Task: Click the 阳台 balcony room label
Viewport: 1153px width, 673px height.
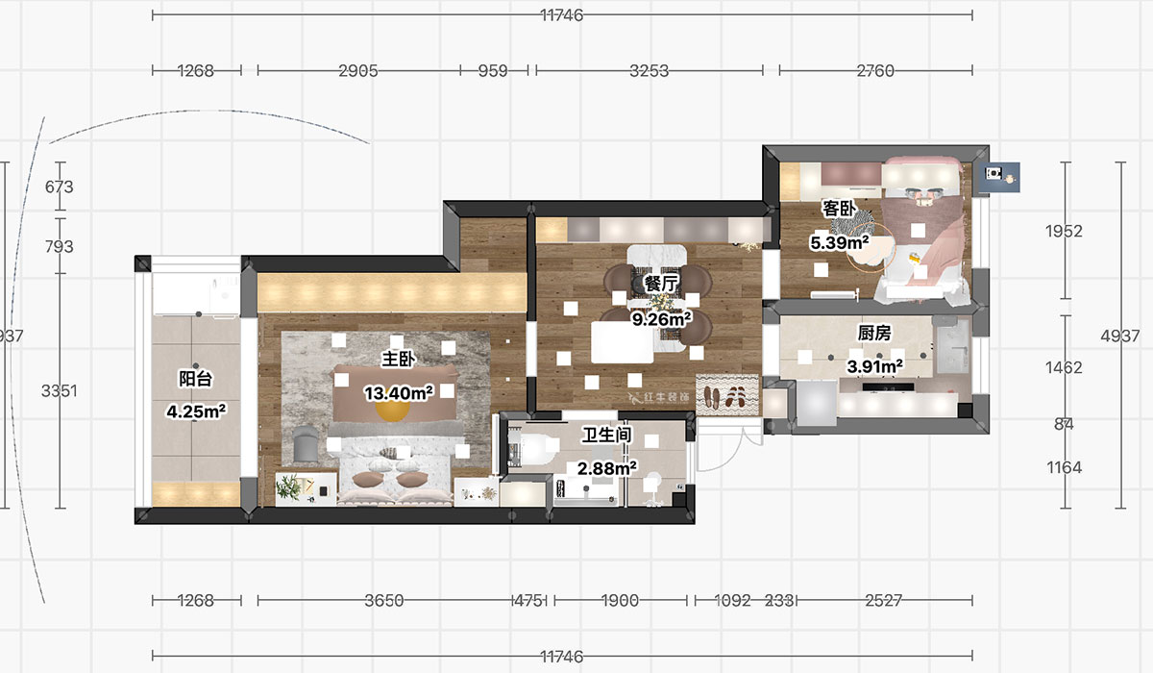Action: (x=195, y=379)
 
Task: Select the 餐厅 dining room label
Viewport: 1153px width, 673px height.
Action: (x=661, y=284)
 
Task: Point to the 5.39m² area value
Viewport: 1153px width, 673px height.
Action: (x=839, y=242)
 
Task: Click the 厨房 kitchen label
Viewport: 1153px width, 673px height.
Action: (x=873, y=334)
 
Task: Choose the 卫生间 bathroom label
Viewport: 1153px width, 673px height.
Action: (x=606, y=436)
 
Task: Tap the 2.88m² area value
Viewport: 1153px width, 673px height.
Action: (x=605, y=468)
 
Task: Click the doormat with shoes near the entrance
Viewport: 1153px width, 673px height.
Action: (x=726, y=394)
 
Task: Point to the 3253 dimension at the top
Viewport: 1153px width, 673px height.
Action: (x=649, y=70)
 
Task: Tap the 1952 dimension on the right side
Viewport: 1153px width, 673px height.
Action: (x=1064, y=231)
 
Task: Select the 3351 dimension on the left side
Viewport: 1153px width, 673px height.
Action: (x=59, y=391)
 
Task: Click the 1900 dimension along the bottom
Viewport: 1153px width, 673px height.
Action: (x=620, y=601)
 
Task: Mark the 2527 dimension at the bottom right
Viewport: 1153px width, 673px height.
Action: (x=883, y=601)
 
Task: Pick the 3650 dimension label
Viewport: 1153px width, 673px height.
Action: (x=383, y=601)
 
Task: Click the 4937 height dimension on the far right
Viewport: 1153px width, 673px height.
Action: (x=1119, y=336)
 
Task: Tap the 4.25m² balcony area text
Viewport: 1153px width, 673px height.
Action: (x=195, y=411)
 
